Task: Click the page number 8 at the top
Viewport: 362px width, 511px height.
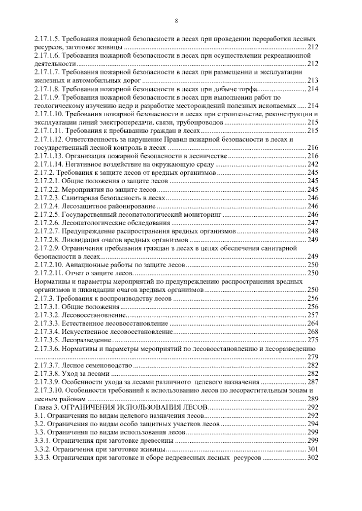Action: (x=176, y=21)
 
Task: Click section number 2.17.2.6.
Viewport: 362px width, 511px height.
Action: (x=47, y=223)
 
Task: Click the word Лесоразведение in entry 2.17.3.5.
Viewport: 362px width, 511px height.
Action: (x=86, y=340)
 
